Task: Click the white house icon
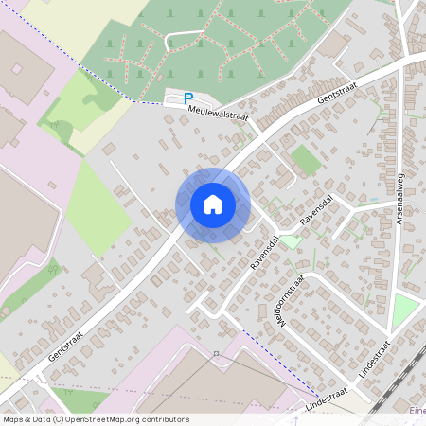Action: pyautogui.click(x=213, y=204)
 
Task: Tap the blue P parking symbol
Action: pyautogui.click(x=187, y=98)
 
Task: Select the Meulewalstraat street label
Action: pyautogui.click(x=218, y=112)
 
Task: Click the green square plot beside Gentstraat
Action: pyautogui.click(x=305, y=160)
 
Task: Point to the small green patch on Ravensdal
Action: pyautogui.click(x=292, y=241)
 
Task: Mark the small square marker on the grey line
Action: pyautogui.click(x=216, y=353)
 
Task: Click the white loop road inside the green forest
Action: pyautogui.click(x=185, y=38)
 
